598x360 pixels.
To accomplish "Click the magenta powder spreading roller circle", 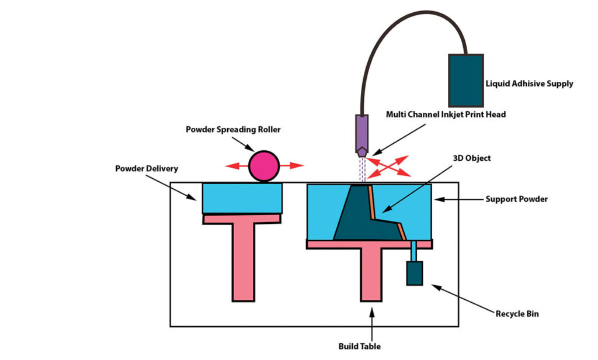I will (x=264, y=166).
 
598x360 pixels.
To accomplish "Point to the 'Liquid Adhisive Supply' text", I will (x=529, y=84).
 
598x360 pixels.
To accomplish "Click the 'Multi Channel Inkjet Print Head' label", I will (x=446, y=115).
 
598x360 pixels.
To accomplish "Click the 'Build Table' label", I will (x=359, y=346).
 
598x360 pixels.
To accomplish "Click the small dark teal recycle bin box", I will (x=414, y=274).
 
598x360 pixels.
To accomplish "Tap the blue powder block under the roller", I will (x=242, y=199).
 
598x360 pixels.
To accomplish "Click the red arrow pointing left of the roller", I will (x=237, y=166).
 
